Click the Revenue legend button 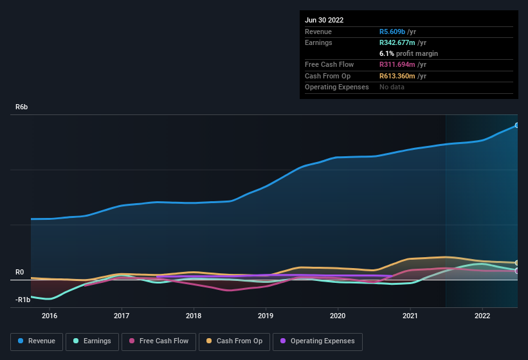(37, 341)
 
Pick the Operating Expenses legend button (318, 341)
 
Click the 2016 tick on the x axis (50, 316)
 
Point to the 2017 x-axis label (122, 316)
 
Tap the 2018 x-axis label (194, 316)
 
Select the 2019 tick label (266, 316)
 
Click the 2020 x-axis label (338, 316)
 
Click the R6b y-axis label (22, 107)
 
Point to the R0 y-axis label (20, 273)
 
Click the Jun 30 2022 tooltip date (324, 20)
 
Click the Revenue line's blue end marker (517, 125)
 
